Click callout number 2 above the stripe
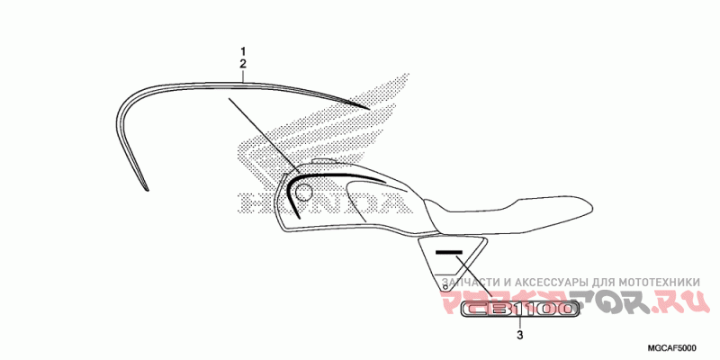[x=242, y=64]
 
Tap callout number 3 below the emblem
[x=519, y=337]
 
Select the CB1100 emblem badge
[x=518, y=310]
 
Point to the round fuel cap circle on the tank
[x=303, y=191]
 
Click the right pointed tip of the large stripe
[x=368, y=109]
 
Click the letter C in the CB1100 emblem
[x=477, y=310]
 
